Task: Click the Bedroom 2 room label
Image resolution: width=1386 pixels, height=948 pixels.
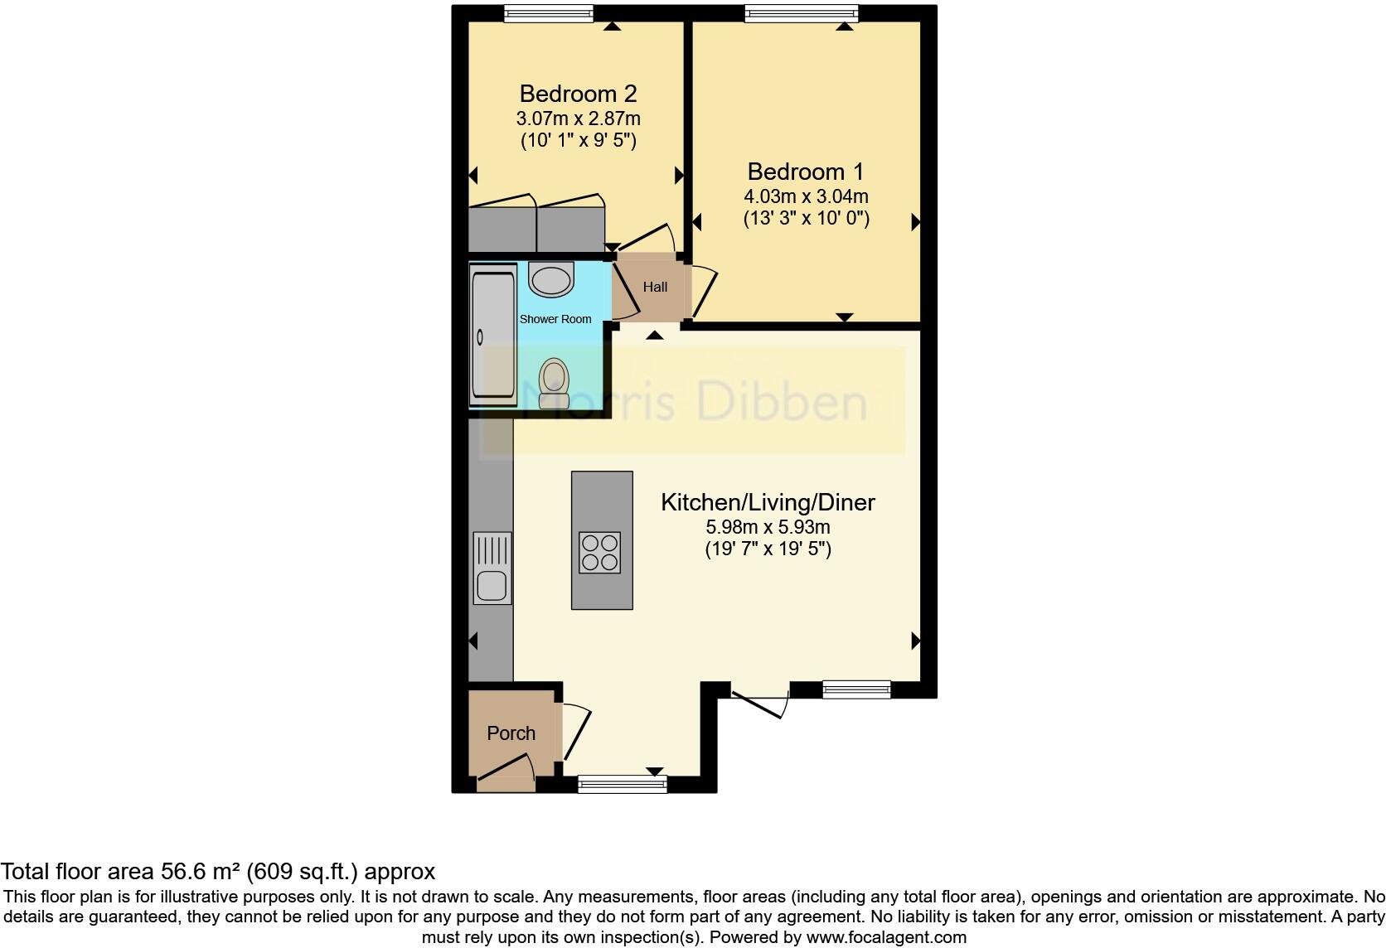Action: (x=578, y=93)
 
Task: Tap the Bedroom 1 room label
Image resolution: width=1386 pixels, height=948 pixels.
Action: (x=805, y=172)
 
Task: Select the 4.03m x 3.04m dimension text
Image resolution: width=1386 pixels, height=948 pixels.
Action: (x=805, y=196)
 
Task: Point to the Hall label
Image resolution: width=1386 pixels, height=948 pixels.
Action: (x=655, y=287)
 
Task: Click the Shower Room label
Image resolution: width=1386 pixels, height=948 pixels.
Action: (x=555, y=319)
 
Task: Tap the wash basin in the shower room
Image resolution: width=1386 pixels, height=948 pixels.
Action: (x=551, y=279)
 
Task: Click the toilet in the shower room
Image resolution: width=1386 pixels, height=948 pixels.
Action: (x=554, y=385)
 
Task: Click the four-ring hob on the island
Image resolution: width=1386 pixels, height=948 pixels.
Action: (x=600, y=553)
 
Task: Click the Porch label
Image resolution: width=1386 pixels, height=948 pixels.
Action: (x=511, y=733)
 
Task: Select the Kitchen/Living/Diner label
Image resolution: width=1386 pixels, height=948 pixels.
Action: (x=768, y=502)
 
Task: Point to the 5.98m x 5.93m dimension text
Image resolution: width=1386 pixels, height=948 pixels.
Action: (x=768, y=527)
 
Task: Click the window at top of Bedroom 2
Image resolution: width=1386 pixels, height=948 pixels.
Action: (x=549, y=13)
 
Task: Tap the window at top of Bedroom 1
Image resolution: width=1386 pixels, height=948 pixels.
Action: (x=801, y=13)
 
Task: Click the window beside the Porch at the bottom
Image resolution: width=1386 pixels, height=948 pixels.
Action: (x=622, y=783)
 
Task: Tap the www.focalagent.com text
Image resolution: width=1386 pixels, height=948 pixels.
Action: (x=886, y=938)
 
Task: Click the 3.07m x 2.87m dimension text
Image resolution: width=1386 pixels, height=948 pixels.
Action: (x=578, y=118)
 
